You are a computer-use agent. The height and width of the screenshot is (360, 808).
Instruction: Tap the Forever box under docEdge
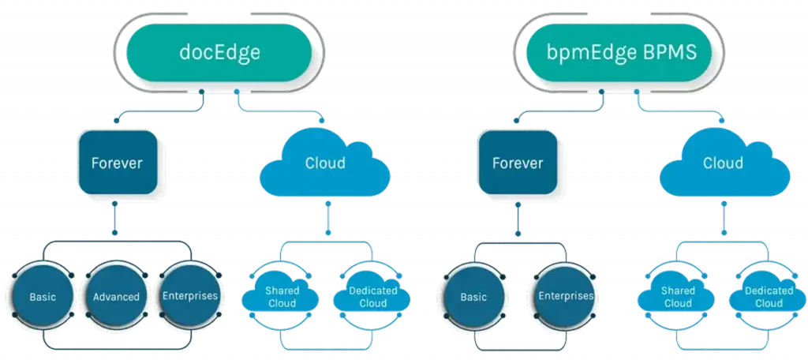(117, 163)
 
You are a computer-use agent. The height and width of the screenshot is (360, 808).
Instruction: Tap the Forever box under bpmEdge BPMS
(518, 163)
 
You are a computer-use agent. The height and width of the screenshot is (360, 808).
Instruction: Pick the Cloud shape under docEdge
(324, 163)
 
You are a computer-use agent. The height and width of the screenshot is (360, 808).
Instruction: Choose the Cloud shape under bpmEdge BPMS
(723, 163)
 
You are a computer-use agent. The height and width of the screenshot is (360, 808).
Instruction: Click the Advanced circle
(117, 297)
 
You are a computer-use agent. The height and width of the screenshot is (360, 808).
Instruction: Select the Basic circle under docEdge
(42, 297)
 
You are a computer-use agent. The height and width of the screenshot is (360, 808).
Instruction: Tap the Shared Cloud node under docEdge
(280, 298)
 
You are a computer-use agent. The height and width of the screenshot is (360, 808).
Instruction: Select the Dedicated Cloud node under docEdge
(370, 298)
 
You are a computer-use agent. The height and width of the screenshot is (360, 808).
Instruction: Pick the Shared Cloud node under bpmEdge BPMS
(678, 298)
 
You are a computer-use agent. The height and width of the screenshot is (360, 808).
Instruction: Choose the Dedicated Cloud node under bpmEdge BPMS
(769, 298)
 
